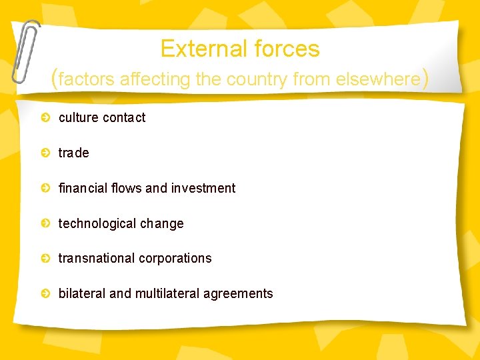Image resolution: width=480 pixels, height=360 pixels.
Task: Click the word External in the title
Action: [199, 49]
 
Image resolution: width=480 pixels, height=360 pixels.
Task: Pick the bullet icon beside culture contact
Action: [45, 118]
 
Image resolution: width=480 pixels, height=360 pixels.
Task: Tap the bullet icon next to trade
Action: [45, 153]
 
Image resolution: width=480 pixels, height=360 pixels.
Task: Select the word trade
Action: [73, 153]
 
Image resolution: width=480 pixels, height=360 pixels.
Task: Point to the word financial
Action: [83, 188]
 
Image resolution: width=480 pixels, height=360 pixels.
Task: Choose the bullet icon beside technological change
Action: [45, 223]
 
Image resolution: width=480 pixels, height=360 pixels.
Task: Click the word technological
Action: [97, 224]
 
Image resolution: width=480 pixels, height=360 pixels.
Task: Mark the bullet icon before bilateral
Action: [45, 293]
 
